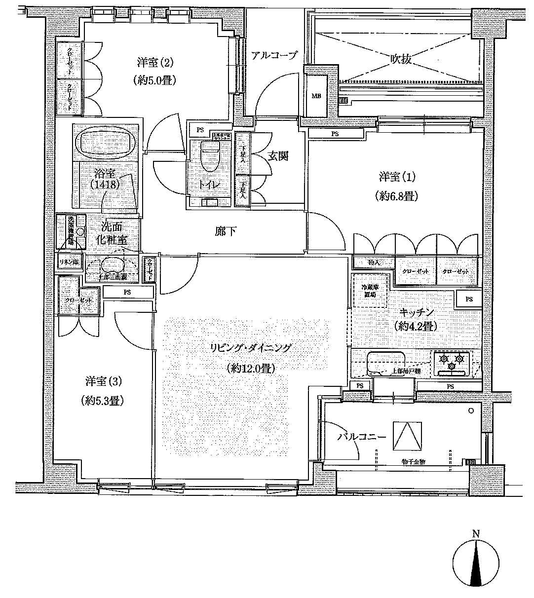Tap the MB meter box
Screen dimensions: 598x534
click(x=316, y=96)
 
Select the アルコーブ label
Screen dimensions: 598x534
click(x=274, y=55)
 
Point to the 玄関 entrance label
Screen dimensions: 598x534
click(x=278, y=156)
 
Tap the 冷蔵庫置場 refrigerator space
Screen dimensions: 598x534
click(x=370, y=291)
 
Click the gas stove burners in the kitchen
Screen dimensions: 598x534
click(x=452, y=363)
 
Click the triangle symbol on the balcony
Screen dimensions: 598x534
click(x=407, y=435)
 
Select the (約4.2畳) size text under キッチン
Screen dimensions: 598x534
click(x=414, y=326)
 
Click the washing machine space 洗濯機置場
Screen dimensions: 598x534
click(x=71, y=231)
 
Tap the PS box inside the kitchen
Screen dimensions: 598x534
click(x=469, y=299)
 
